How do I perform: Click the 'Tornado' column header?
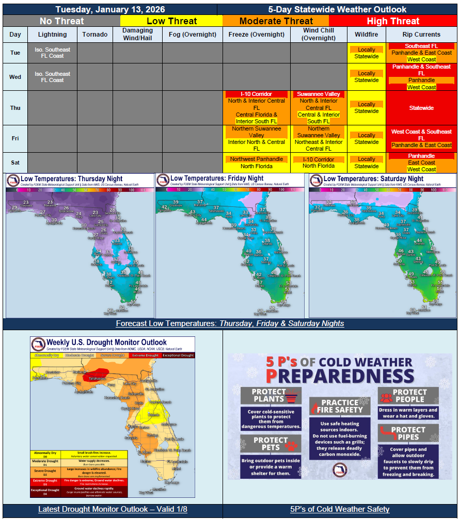(x=95, y=35)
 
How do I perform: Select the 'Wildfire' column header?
(x=367, y=35)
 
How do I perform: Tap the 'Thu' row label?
(x=15, y=108)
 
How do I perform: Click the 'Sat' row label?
(x=15, y=163)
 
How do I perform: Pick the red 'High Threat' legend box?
(x=393, y=21)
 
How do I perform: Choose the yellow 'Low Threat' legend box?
(x=171, y=21)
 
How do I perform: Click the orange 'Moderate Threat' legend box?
(x=276, y=21)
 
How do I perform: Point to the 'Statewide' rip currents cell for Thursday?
(x=421, y=108)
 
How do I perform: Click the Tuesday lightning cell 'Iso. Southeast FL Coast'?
(x=53, y=53)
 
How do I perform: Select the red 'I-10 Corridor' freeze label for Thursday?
(x=256, y=94)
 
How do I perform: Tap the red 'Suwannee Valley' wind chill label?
(x=319, y=94)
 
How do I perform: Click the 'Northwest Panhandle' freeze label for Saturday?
(x=257, y=159)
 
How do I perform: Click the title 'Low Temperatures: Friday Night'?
(x=217, y=178)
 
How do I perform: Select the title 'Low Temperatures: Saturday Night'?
(x=373, y=179)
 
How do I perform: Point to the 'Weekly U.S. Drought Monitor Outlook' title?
(x=106, y=342)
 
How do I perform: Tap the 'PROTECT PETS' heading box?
(x=271, y=444)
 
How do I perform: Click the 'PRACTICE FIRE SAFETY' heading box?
(x=339, y=406)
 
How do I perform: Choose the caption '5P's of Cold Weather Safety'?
(x=339, y=509)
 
